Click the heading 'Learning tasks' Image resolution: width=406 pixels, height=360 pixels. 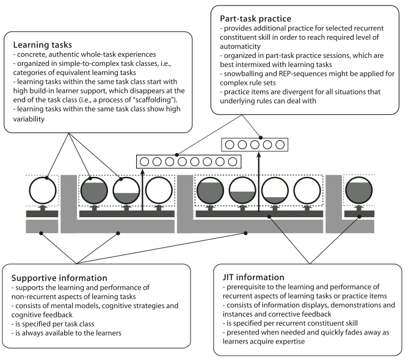point(43,45)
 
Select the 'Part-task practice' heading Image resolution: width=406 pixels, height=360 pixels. point(256,19)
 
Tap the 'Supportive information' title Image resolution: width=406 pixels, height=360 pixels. point(59,278)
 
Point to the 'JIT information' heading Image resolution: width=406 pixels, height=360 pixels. point(253,277)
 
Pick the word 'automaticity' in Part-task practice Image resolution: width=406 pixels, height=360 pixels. point(240,46)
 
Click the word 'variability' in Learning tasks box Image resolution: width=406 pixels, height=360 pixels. point(29,119)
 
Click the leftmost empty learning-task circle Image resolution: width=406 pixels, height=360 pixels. point(43,190)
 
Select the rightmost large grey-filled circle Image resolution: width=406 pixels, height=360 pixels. point(359,190)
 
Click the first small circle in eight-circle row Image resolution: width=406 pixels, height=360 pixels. point(144,162)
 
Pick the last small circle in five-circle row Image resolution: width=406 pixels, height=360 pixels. point(280,145)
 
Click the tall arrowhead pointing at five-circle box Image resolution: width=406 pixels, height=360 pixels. point(259,154)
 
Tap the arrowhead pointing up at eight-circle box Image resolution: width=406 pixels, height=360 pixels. point(142,172)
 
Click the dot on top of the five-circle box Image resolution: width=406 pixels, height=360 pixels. point(261,138)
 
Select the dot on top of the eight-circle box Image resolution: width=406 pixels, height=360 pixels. point(176,155)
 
